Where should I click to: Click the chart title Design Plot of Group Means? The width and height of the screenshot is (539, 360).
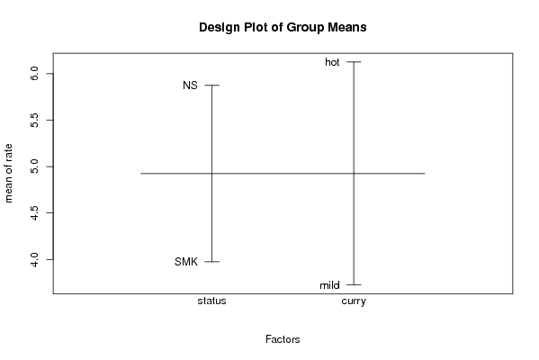point(283,28)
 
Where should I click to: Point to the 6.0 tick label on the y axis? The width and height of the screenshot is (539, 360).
point(34,73)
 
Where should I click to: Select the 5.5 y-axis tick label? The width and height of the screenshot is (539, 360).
point(34,120)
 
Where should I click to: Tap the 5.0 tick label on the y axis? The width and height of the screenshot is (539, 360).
point(34,166)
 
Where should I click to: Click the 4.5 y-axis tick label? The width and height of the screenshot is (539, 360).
point(34,212)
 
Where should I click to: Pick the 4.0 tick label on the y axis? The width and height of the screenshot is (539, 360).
point(34,259)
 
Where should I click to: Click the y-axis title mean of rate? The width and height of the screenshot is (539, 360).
point(8,174)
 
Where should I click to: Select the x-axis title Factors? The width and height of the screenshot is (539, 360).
point(283,339)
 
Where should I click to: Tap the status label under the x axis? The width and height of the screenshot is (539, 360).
point(211,301)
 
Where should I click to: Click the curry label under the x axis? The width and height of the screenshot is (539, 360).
point(354,301)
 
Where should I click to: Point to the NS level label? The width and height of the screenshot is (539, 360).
point(190,85)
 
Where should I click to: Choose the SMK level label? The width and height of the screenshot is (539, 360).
point(186,262)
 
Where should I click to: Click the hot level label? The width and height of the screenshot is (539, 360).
point(332,62)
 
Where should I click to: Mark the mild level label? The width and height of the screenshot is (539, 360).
point(329,285)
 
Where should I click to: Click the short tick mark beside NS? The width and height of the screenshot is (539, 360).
point(211,85)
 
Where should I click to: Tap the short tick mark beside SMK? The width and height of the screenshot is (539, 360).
point(211,262)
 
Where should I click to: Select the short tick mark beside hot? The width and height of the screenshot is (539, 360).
point(354,62)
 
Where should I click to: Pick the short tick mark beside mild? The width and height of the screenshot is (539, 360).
point(354,284)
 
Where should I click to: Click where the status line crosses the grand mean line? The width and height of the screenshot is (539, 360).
point(211,174)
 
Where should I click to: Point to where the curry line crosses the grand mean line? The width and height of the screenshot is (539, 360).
point(354,174)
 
